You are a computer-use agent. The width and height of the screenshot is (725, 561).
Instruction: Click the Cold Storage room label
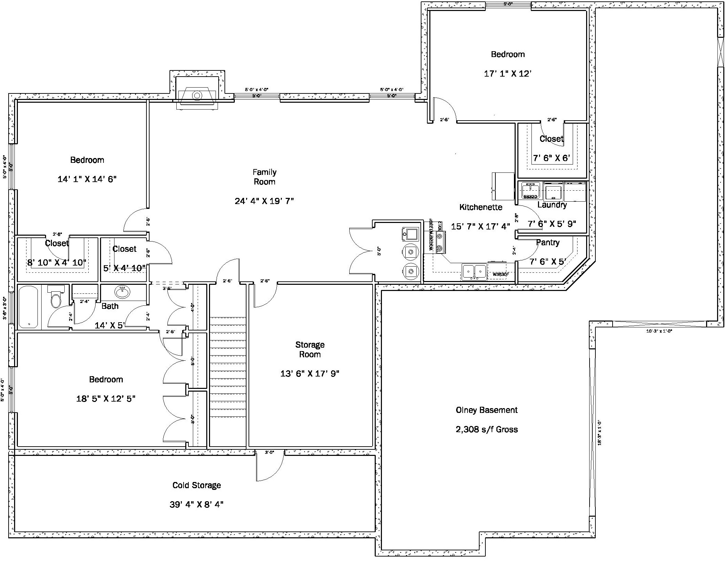point(196,485)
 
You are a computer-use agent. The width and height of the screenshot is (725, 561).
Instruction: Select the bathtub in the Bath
point(29,307)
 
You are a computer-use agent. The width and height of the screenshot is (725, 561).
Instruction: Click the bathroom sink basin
point(122,292)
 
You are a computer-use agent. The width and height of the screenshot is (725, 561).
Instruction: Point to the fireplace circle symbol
point(197,95)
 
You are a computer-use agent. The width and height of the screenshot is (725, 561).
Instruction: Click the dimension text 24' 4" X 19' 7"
point(264,201)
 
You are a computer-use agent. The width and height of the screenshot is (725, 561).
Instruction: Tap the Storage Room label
point(310,349)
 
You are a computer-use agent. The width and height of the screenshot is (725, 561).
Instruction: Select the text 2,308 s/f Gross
point(486,429)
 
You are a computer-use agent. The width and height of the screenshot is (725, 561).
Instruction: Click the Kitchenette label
point(481,207)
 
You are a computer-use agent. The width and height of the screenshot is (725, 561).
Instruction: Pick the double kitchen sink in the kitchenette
point(474,271)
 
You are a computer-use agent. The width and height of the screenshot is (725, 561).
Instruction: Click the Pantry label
point(548,243)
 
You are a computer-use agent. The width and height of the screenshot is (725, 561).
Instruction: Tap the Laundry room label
point(552,205)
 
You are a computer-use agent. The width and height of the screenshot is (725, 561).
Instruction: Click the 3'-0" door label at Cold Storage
point(269,452)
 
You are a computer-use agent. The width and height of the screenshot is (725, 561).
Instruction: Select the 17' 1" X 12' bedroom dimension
point(508,74)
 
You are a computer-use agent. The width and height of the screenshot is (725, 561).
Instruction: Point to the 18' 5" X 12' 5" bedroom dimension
point(106,399)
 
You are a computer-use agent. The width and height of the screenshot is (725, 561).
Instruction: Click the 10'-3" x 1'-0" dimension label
point(659,331)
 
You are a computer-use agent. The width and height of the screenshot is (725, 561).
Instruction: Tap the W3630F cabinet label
point(500,274)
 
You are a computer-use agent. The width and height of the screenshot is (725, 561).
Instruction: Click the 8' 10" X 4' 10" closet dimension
point(57,263)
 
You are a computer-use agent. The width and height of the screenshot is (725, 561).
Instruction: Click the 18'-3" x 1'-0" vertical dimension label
point(600,432)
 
